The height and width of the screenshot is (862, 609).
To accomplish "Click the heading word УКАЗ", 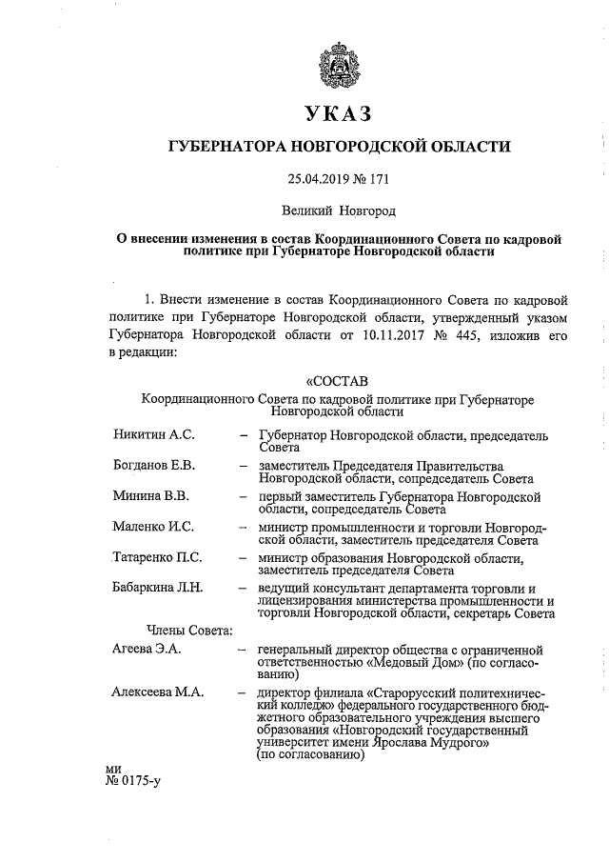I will tap(339, 113).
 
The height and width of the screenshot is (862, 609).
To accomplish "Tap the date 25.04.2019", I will tap(315, 178).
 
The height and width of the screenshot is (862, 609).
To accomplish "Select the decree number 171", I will tap(379, 178).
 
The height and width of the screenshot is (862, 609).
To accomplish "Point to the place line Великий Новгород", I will tap(339, 209).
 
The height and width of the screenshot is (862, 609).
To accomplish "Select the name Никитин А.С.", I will tap(153, 435).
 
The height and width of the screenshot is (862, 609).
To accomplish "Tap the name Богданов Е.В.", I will tap(155, 466).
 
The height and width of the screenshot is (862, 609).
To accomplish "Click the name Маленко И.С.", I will tap(152, 527).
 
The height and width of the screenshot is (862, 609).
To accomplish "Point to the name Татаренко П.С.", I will tap(157, 557).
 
